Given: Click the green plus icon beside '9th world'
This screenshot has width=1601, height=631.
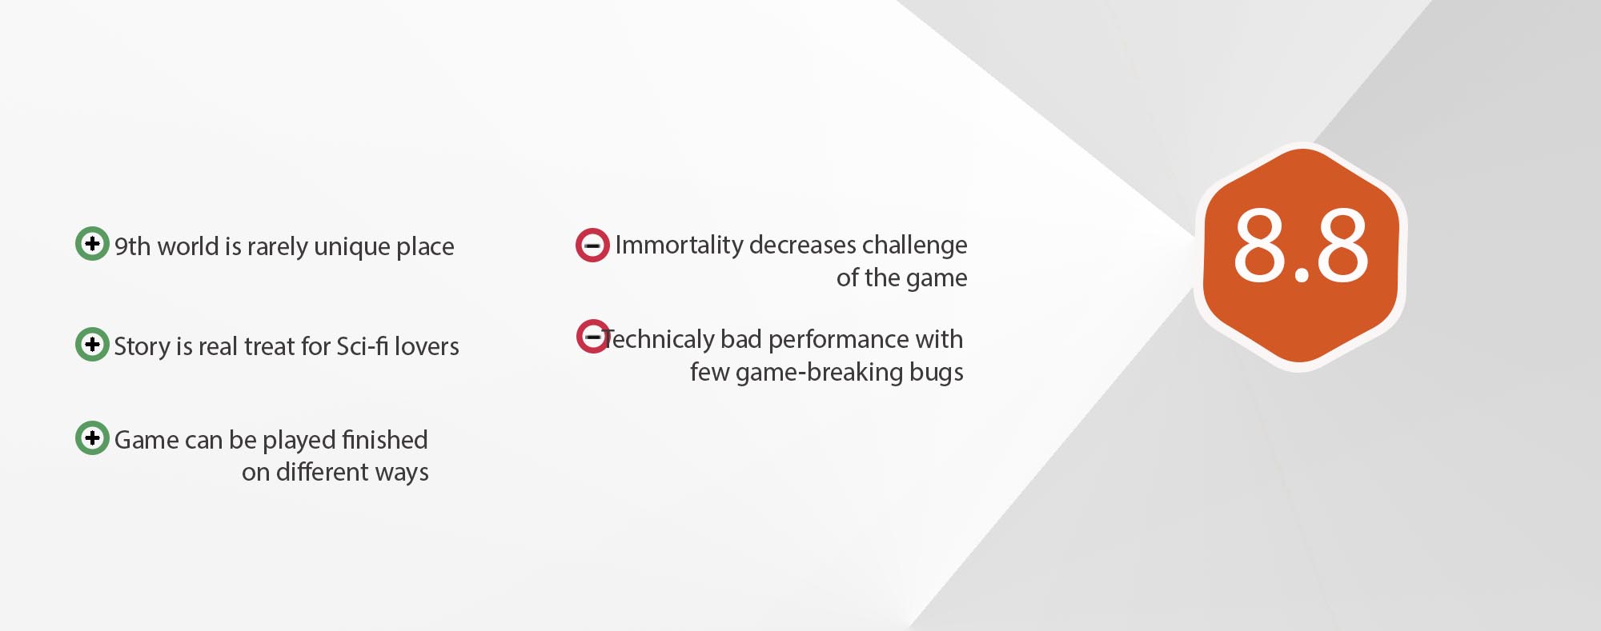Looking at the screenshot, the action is pyautogui.click(x=92, y=243).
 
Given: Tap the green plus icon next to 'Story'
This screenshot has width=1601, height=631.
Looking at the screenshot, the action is pyautogui.click(x=92, y=344).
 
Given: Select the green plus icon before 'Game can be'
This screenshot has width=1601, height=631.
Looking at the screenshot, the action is pyautogui.click(x=92, y=437).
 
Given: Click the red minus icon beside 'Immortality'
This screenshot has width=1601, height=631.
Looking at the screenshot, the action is pyautogui.click(x=592, y=246).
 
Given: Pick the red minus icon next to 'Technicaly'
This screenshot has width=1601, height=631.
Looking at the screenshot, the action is pyautogui.click(x=593, y=337).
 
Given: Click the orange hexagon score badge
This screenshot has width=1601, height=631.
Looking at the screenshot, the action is pyautogui.click(x=1301, y=257).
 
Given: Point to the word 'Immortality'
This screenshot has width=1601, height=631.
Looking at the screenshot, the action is pyautogui.click(x=680, y=246).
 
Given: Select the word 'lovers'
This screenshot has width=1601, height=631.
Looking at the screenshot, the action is pyautogui.click(x=427, y=346).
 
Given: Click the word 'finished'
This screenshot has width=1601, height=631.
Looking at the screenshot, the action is pyautogui.click(x=384, y=440).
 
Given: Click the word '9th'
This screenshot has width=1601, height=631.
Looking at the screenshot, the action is pyautogui.click(x=132, y=247).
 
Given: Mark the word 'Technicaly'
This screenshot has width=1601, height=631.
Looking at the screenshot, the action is pyautogui.click(x=659, y=340).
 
